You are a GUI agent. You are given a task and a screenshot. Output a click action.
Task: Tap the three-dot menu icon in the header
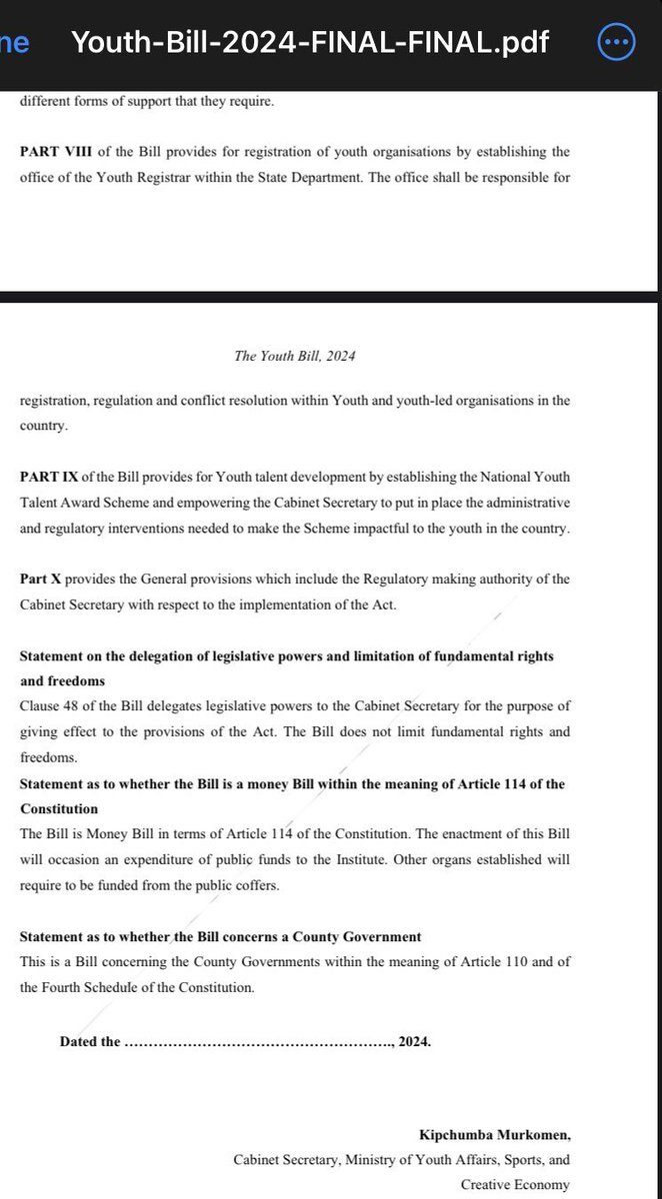614,43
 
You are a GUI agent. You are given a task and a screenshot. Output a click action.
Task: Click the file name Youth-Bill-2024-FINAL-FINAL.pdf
311,43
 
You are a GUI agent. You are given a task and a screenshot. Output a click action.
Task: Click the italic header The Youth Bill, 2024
294,356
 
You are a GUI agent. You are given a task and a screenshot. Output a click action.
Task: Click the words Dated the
90,1041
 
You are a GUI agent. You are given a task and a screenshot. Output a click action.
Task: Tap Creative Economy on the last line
515,1185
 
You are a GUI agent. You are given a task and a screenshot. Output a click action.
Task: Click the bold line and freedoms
62,681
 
